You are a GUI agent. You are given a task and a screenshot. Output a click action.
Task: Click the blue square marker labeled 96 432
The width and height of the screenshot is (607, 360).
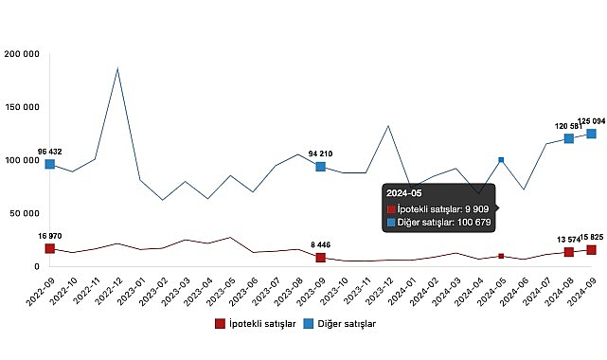(50, 164)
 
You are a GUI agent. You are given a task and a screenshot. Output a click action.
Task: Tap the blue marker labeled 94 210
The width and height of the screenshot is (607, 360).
(321, 167)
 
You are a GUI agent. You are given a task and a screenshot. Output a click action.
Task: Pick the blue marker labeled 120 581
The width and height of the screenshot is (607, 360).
(569, 138)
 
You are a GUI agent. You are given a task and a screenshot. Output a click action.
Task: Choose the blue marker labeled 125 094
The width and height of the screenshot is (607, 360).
(592, 134)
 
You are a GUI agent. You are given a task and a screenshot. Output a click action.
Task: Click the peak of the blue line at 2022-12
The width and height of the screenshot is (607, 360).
(117, 68)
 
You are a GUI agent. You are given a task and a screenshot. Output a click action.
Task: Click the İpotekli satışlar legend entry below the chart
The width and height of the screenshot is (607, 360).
(252, 325)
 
